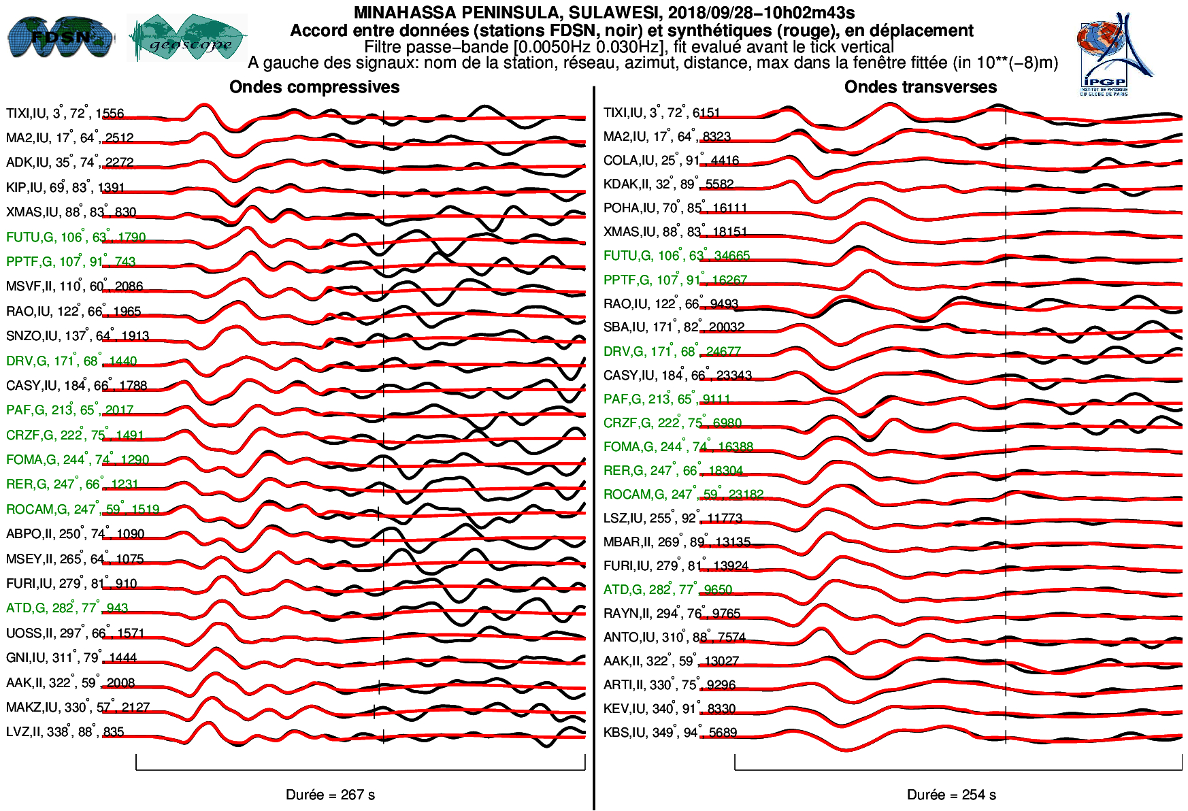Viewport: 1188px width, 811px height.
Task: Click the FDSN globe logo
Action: pos(60,37)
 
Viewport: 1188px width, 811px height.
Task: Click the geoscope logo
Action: pos(188,38)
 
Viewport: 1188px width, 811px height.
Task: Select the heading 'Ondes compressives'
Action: pos(314,87)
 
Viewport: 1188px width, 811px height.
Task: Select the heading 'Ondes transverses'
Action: pos(920,87)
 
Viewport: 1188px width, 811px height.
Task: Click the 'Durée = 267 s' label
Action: pos(330,795)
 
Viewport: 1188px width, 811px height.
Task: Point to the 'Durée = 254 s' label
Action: pos(951,795)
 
